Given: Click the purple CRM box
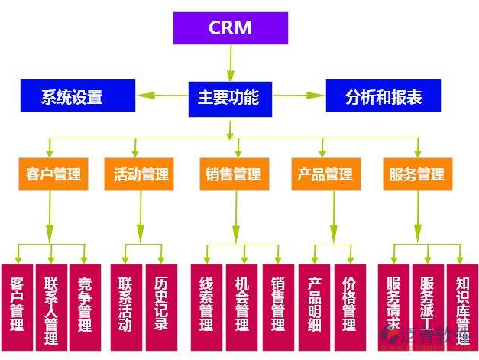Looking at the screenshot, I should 230,28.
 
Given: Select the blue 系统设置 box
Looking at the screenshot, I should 72,97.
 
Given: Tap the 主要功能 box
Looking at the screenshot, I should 230,97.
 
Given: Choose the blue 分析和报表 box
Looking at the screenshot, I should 384,97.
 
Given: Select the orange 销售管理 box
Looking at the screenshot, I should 233,174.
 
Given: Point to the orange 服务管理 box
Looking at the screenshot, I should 417,174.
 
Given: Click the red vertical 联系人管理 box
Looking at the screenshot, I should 51,304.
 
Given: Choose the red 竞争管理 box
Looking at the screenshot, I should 85,304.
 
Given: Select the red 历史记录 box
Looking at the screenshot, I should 161,304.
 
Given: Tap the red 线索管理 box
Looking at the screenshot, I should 205,304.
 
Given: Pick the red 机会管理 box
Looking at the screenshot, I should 242,304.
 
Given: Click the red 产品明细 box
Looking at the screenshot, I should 314,304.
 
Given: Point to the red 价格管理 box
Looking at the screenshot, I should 349,304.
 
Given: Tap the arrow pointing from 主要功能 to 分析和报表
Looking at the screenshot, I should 299,96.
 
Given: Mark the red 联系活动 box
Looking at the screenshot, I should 125,304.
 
